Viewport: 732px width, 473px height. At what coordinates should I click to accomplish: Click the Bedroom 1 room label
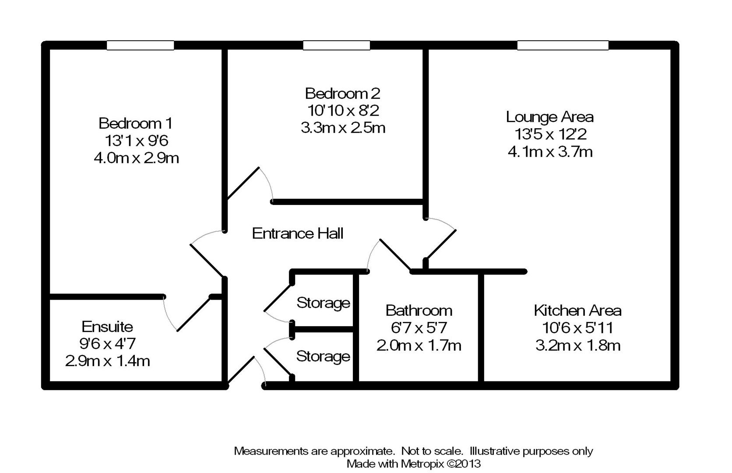click(x=136, y=123)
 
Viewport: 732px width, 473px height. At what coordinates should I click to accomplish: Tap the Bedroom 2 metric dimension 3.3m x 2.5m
click(x=343, y=128)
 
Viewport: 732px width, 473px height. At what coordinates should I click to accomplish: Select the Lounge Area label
click(x=549, y=117)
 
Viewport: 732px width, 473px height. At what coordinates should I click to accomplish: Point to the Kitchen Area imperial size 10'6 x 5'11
click(x=577, y=328)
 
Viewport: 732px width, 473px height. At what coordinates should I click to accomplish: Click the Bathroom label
click(x=419, y=311)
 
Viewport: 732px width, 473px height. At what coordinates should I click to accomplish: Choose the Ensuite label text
click(x=107, y=327)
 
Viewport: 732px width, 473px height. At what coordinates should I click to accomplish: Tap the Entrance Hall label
click(x=298, y=233)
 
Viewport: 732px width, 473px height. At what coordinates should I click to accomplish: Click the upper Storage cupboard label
click(x=323, y=303)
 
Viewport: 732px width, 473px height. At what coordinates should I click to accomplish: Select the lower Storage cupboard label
click(x=323, y=357)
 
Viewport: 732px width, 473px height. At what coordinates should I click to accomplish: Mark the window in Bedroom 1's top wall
click(x=141, y=45)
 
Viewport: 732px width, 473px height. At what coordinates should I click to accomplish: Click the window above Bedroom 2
click(x=337, y=45)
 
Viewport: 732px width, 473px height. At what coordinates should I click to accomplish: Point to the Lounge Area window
click(x=563, y=45)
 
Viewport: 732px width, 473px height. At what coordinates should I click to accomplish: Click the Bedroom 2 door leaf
click(x=243, y=184)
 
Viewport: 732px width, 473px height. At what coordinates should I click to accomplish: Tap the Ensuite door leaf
click(x=194, y=314)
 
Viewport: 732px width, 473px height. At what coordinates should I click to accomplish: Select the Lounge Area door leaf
click(x=441, y=244)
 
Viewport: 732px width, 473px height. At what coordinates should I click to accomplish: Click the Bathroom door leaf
click(x=395, y=255)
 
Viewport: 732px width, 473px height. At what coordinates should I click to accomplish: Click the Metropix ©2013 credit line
click(x=413, y=463)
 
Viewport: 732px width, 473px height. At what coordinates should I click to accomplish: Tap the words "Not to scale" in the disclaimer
click(x=432, y=451)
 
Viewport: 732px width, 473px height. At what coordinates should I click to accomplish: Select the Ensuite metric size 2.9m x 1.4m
click(x=107, y=361)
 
